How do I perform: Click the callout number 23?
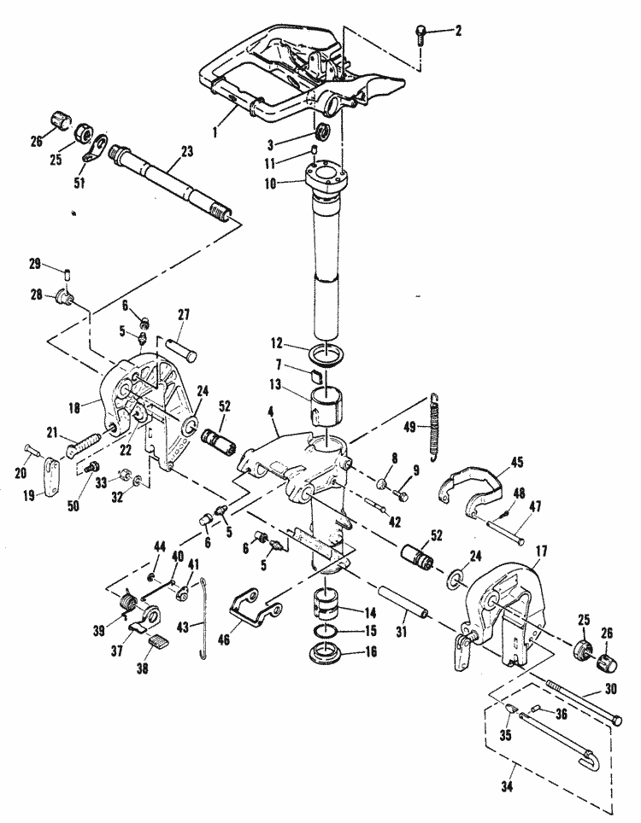186,150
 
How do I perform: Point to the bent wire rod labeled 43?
203,623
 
